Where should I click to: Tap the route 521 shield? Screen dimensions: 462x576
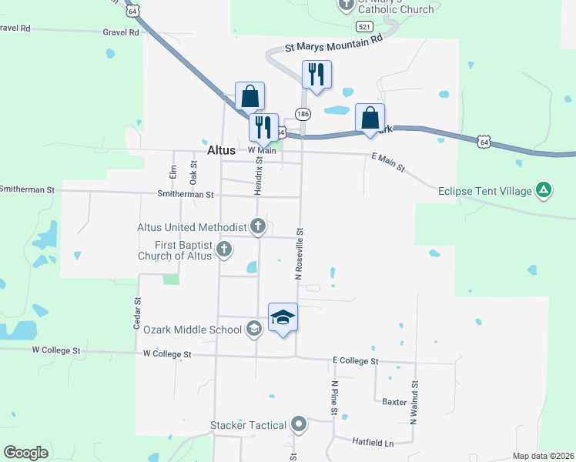(367, 26)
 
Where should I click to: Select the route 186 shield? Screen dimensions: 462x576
(303, 114)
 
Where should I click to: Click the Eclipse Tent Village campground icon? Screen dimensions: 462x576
(544, 189)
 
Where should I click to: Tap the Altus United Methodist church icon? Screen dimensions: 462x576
(258, 226)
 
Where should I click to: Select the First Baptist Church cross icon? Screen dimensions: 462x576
(224, 248)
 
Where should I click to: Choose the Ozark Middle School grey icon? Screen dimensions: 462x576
(254, 330)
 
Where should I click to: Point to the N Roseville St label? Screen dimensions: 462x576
(300, 253)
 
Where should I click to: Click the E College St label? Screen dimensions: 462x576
(355, 360)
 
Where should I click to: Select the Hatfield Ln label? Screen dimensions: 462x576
(373, 443)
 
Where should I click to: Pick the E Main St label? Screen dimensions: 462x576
(388, 162)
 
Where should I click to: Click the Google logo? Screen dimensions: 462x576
(25, 453)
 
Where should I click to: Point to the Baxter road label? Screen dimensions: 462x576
(394, 401)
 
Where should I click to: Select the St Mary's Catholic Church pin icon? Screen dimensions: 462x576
(345, 4)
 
